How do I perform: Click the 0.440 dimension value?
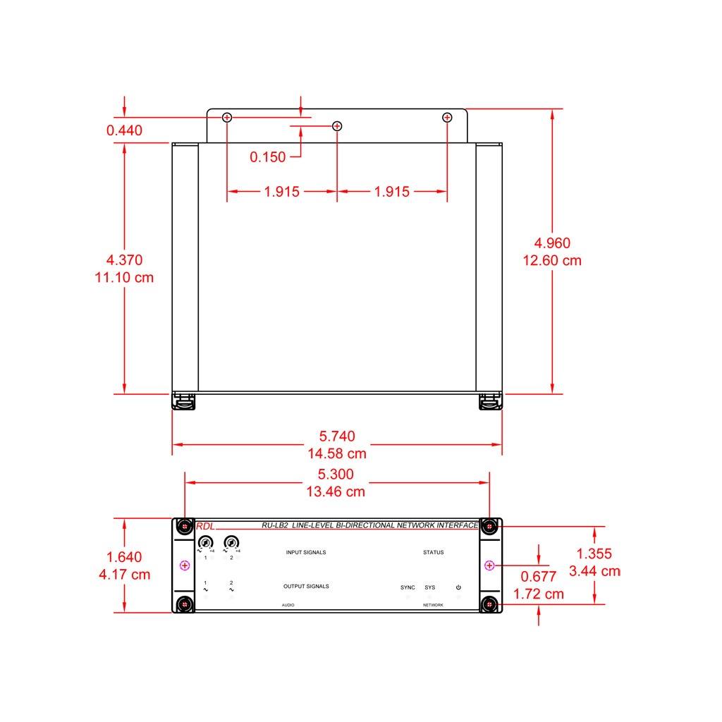(124, 130)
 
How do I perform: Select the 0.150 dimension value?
(267, 157)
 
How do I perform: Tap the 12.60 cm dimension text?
(552, 261)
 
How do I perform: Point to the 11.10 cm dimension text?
(124, 278)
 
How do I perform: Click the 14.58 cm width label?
(337, 453)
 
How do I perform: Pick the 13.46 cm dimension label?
(336, 491)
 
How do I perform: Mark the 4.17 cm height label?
(124, 575)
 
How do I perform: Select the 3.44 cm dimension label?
(594, 571)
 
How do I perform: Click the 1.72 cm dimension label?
(538, 594)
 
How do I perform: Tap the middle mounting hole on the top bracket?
(337, 126)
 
